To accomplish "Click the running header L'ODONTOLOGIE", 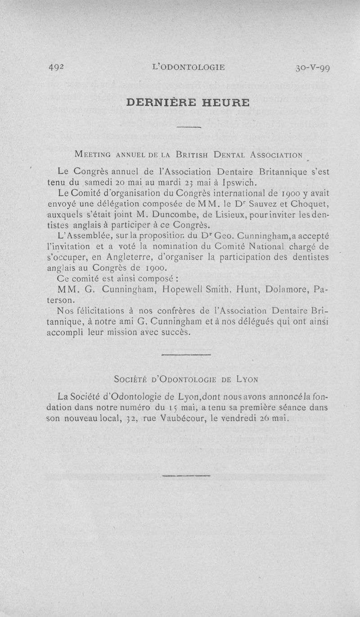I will (189, 68).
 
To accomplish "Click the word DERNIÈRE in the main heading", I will (159, 103).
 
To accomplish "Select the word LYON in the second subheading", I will (247, 379).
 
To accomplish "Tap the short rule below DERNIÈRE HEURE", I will (189, 129).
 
